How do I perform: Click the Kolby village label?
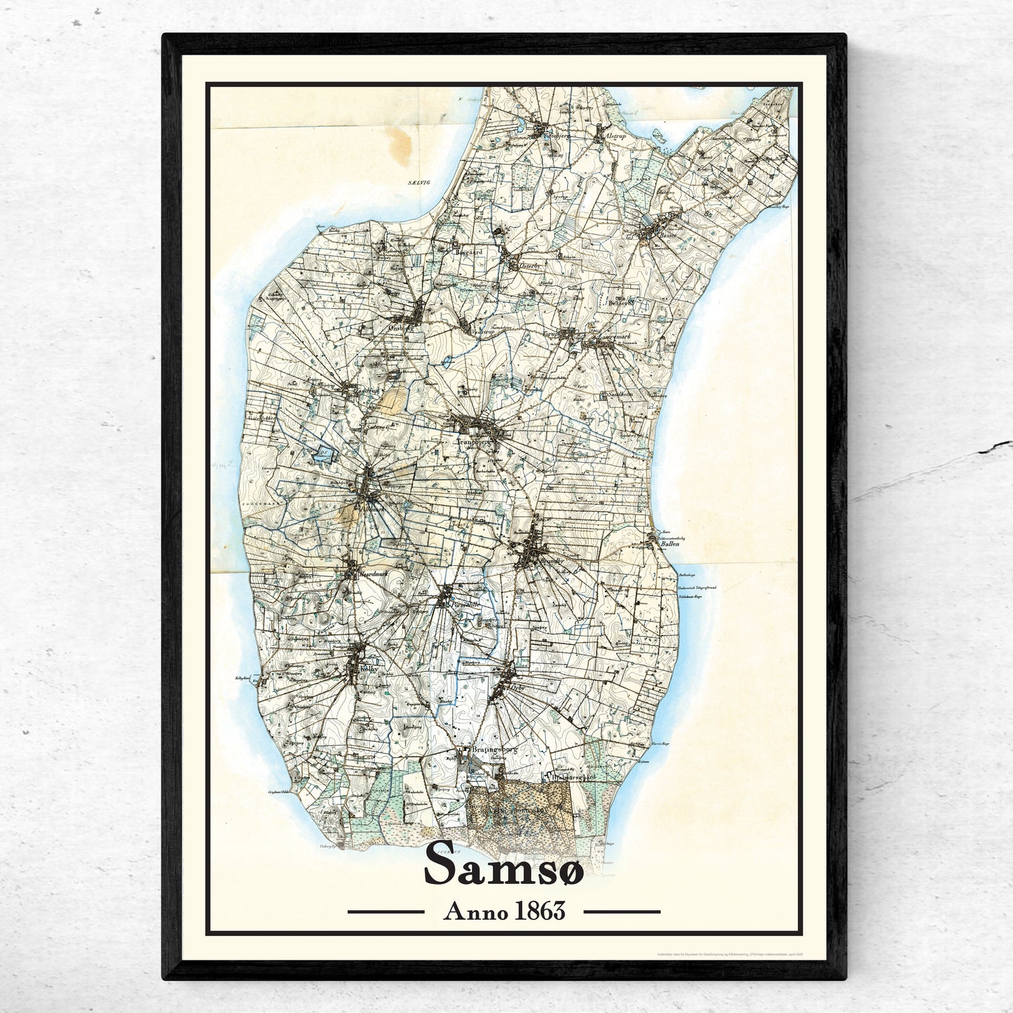368,669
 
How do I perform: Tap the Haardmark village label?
372,573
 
